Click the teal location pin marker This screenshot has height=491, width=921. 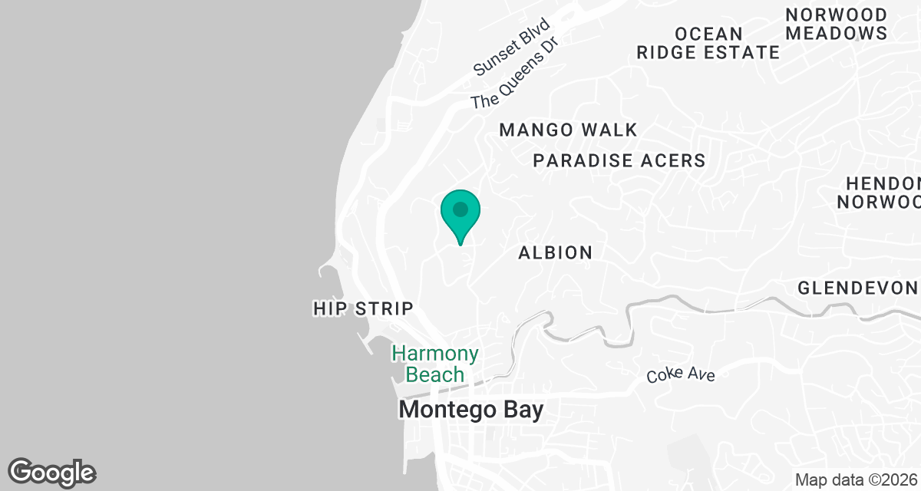460,216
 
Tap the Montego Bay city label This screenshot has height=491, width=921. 470,410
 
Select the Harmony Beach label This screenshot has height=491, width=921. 435,364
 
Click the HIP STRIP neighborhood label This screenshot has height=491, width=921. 363,308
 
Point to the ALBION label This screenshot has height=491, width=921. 555,252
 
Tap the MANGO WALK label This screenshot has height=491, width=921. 568,130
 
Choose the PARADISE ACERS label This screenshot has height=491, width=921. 619,160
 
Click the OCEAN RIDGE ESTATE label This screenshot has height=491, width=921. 708,43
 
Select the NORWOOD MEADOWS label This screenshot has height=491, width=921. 836,24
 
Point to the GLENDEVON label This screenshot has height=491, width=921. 858,288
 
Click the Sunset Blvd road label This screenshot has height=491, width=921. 512,47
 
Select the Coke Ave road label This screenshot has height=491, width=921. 681,375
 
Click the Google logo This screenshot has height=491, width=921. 51,472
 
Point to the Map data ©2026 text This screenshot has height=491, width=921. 856,479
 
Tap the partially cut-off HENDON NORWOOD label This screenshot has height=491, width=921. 879,193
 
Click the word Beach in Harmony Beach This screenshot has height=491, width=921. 435,374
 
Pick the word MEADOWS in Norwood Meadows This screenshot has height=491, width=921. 837,33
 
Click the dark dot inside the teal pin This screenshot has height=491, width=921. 460,209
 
